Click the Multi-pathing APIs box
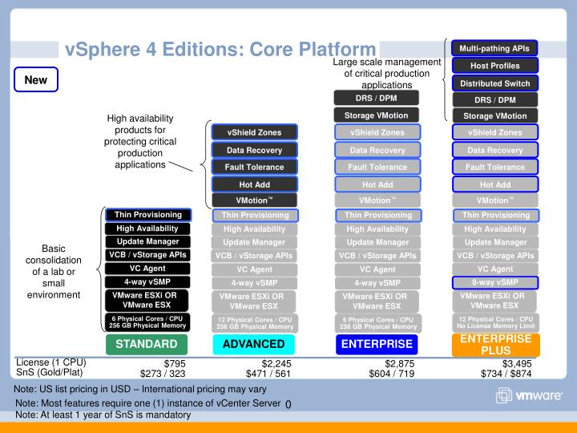pyautogui.click(x=494, y=48)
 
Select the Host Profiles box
pyautogui.click(x=494, y=66)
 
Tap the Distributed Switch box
pyautogui.click(x=494, y=83)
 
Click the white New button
pyautogui.click(x=35, y=80)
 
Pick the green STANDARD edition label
pyautogui.click(x=147, y=345)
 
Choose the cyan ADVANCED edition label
pyautogui.click(x=254, y=345)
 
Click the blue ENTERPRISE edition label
pyautogui.click(x=377, y=345)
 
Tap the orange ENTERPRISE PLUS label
pyautogui.click(x=495, y=344)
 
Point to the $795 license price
pyautogui.click(x=175, y=364)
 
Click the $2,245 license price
pyautogui.click(x=264, y=364)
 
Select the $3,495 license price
pyautogui.click(x=517, y=364)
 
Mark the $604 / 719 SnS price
pyautogui.click(x=392, y=374)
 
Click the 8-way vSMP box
pyautogui.click(x=495, y=282)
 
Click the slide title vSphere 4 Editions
pyautogui.click(x=220, y=50)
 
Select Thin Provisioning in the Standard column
pyautogui.click(x=147, y=215)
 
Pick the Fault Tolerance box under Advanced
pyautogui.click(x=254, y=167)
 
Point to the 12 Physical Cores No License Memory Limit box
pyautogui.click(x=495, y=322)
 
